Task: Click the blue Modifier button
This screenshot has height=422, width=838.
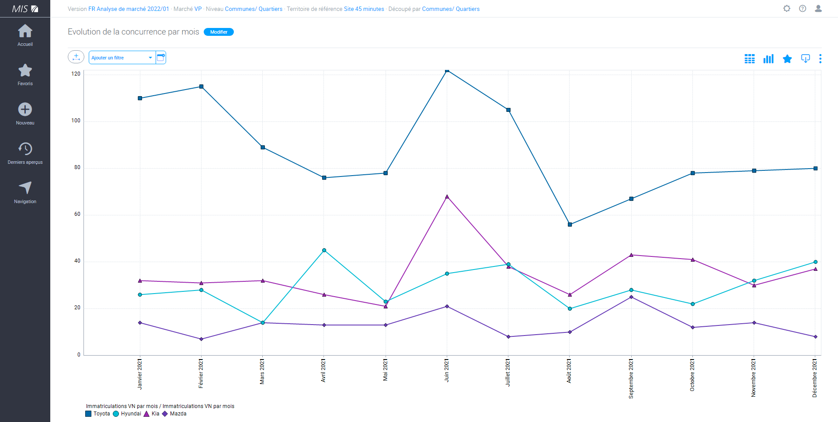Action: coord(219,32)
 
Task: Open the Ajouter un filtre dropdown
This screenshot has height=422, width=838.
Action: coord(122,58)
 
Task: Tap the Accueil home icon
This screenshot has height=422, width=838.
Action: coord(25,31)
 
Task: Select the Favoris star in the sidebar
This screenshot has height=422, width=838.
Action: coord(25,71)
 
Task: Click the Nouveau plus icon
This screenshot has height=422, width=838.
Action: coord(25,110)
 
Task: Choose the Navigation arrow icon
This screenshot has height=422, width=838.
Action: coord(25,188)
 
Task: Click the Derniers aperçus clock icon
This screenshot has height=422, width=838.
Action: coord(25,149)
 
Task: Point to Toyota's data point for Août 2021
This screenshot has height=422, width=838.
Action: coord(570,225)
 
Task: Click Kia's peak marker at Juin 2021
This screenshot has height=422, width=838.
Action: coord(447,197)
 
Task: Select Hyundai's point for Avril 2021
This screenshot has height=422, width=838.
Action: coord(324,250)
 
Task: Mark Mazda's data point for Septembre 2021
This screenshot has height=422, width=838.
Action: coord(631,297)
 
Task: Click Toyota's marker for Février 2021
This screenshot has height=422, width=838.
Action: coord(201,86)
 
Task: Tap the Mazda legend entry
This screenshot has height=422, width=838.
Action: coord(174,414)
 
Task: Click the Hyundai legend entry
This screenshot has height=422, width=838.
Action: coord(127,414)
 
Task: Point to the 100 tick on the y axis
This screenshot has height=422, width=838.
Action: coord(76,121)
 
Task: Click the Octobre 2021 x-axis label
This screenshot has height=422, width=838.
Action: coord(692,375)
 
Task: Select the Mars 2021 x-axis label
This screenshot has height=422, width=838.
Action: coord(262,372)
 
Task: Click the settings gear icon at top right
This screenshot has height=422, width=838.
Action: coord(787,9)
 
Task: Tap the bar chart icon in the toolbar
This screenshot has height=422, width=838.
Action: coord(768,59)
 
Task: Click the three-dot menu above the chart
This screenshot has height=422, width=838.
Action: coord(820,59)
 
